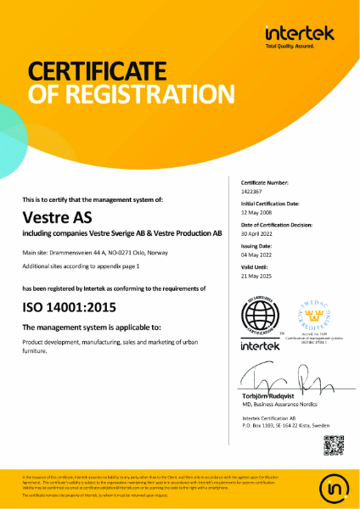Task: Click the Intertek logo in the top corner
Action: click(x=299, y=35)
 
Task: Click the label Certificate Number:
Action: click(x=265, y=183)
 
